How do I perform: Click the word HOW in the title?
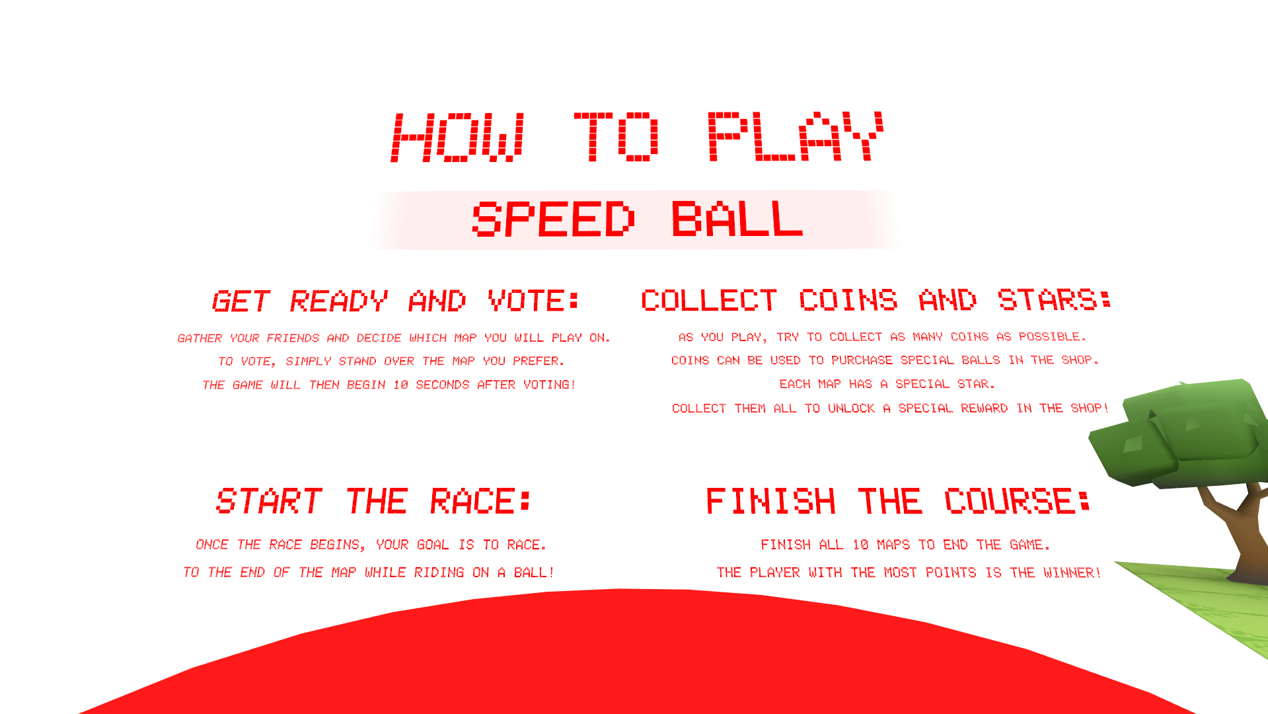tap(459, 137)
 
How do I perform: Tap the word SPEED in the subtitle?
tap(553, 219)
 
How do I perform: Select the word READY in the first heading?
tap(338, 301)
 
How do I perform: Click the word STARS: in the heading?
tap(1055, 299)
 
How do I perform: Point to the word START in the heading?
tap(269, 500)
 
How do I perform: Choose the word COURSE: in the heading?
tap(1017, 500)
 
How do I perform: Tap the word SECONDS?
tap(442, 385)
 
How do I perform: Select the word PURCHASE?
tap(862, 360)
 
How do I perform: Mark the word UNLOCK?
tap(851, 409)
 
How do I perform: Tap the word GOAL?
tap(433, 545)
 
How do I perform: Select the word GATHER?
tap(200, 338)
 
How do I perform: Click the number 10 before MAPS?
tap(860, 545)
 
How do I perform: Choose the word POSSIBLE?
tap(1052, 337)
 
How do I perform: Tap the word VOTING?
tap(549, 385)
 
